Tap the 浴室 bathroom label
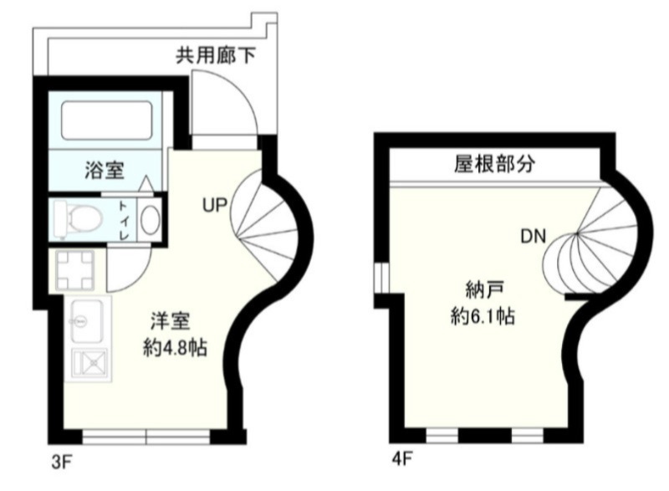coord(105,171)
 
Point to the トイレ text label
coord(123,220)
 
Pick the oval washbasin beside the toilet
coord(149,220)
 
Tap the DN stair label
coord(533,236)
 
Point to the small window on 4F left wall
coord(379,279)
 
